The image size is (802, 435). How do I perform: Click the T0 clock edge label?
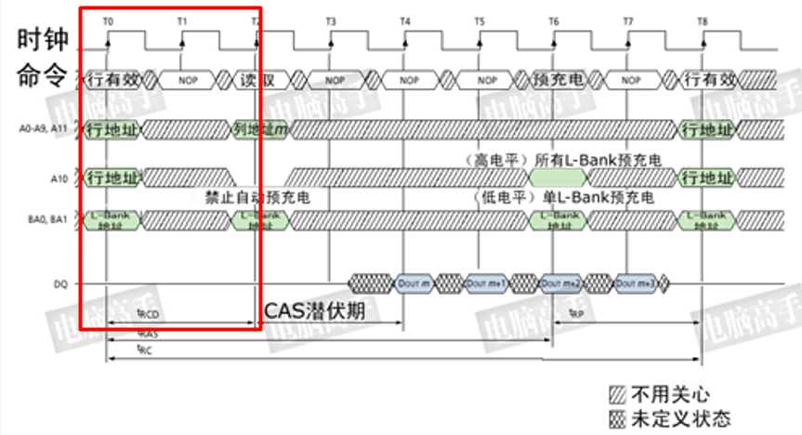108,20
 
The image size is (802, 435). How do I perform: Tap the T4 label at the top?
404,20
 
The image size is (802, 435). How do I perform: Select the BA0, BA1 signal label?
45,220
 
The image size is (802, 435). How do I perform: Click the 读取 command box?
256,80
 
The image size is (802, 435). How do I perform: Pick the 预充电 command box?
558,80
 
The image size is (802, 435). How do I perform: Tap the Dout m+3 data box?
636,283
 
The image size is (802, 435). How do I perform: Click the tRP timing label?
576,314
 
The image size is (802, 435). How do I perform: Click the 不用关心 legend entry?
668,393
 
